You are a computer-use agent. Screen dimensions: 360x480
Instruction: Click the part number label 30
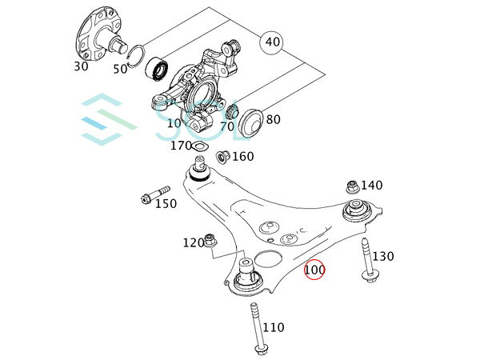click(x=81, y=66)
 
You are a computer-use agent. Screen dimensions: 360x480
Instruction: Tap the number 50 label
click(x=121, y=69)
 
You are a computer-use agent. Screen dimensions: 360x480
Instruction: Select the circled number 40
click(x=272, y=40)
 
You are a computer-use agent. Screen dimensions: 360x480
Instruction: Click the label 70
click(x=226, y=126)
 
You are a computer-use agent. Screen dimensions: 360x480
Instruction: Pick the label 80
click(x=273, y=120)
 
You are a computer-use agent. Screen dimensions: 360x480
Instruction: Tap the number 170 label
click(x=181, y=146)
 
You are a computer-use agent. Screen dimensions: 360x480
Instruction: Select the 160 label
click(x=242, y=156)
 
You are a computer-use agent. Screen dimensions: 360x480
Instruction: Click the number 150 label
click(x=166, y=204)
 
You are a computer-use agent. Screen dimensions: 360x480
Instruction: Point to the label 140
click(x=371, y=185)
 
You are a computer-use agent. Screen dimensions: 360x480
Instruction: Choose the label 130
click(x=383, y=256)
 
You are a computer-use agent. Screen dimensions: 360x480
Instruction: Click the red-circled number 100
click(x=314, y=270)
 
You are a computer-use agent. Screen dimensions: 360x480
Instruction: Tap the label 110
click(x=274, y=327)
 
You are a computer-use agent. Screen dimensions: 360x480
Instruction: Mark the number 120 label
click(x=194, y=242)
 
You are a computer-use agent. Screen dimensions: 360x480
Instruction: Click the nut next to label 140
click(x=350, y=186)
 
